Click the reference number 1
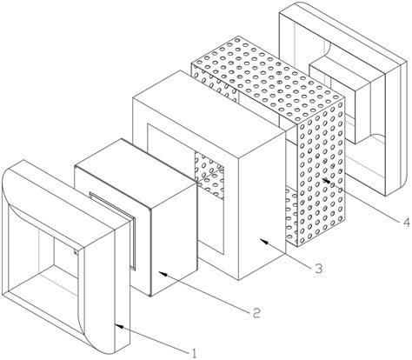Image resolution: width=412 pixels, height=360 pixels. point(193,353)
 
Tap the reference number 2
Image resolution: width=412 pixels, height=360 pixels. point(256,312)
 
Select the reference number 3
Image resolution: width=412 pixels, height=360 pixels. point(318,269)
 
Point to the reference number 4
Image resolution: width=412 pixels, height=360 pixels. point(406,223)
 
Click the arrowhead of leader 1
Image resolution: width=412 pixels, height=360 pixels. point(120,327)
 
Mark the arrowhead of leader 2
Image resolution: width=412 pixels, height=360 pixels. point(163,273)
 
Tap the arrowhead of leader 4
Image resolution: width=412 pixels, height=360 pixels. point(326,180)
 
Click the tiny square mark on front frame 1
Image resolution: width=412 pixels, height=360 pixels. point(76,252)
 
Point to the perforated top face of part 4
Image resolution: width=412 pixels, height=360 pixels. point(267,78)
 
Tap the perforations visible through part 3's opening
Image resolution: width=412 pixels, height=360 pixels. point(209,173)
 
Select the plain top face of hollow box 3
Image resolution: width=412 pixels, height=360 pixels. point(209,113)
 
